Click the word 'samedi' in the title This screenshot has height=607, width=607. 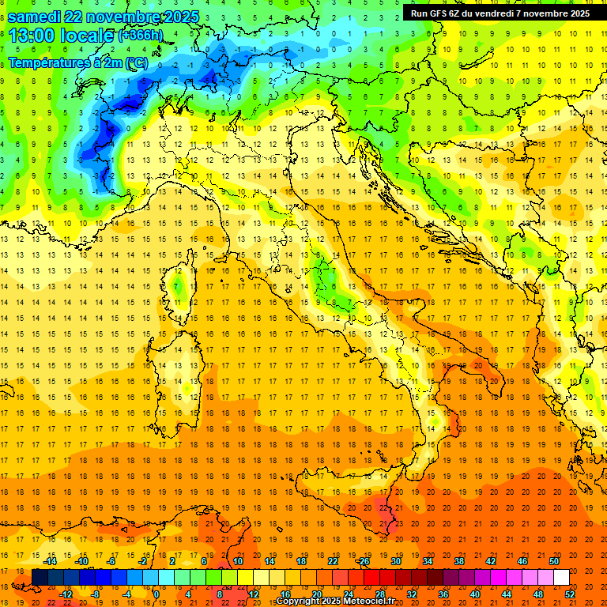[38, 17]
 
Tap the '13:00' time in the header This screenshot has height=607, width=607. [32, 36]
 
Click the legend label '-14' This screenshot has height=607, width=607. [50, 561]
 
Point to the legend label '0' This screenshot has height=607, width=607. [156, 594]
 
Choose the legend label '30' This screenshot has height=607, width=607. [395, 561]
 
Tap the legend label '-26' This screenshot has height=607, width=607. [363, 561]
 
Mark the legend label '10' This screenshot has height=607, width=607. [237, 561]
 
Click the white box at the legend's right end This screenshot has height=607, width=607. [562, 577]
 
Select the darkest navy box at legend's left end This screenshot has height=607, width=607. [40, 577]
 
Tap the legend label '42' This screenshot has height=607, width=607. [491, 561]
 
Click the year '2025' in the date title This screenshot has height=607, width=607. [178, 17]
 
